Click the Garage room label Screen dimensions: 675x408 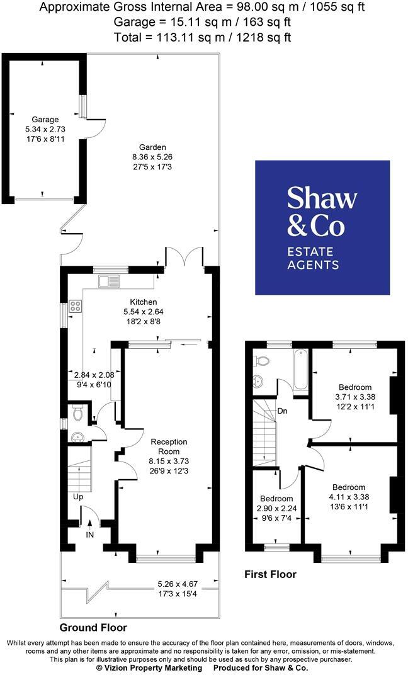click(45, 120)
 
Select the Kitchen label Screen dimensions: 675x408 click(144, 302)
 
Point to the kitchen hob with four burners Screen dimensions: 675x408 click(76, 307)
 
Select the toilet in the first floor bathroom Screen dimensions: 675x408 click(261, 361)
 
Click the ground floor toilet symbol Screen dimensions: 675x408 click(78, 414)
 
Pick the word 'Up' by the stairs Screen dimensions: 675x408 click(78, 497)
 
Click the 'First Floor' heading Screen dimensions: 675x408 click(270, 574)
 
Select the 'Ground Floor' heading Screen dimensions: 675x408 click(93, 628)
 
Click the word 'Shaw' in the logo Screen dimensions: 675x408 click(322, 198)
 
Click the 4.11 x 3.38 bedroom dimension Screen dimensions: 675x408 click(348, 497)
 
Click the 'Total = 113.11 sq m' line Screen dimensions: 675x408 click(203, 37)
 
